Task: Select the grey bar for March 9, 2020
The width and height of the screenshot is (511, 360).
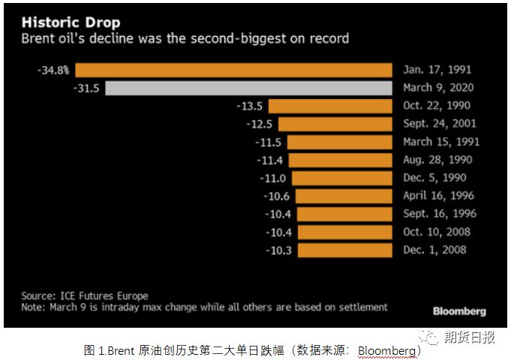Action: point(248,88)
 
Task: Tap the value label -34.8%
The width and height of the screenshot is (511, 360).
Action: point(53,70)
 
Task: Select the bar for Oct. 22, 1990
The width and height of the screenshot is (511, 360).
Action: point(330,106)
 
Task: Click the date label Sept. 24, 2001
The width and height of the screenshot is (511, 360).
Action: point(439,124)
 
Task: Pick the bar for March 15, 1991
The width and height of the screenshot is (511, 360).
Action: point(339,142)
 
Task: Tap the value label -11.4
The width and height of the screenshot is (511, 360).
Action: point(269,160)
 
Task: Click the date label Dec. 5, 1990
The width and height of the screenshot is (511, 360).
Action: point(434,178)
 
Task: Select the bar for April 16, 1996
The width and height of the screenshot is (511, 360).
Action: point(344,196)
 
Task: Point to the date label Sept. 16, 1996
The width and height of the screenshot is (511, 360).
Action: point(439,214)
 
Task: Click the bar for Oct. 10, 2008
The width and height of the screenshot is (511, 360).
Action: point(344,232)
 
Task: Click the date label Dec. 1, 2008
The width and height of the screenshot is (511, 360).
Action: point(434,250)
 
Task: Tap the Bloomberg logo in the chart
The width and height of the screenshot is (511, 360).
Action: point(459,311)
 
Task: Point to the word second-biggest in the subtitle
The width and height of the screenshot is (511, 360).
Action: point(234,37)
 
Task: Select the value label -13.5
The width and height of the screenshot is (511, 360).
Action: point(250,106)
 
